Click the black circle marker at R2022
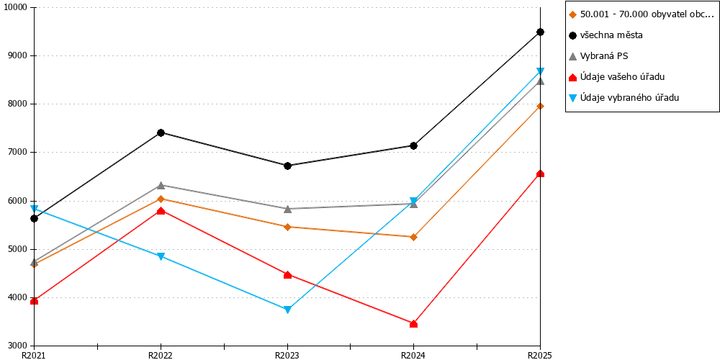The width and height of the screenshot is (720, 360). point(161,132)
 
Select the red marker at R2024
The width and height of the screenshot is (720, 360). point(414,324)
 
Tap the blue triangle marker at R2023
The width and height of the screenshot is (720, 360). point(287,310)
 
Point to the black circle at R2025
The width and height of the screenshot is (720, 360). point(541,32)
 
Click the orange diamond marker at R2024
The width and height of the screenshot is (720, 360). point(414,237)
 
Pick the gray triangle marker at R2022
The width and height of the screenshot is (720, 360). point(161,186)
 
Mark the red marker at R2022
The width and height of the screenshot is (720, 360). point(161,211)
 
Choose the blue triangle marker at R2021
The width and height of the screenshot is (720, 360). point(35,209)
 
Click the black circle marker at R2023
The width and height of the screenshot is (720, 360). point(287,166)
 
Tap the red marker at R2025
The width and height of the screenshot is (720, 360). point(541,174)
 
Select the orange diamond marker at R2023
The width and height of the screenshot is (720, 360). point(287,227)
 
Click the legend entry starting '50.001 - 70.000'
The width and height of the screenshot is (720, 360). point(641,14)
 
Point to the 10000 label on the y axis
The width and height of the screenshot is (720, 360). point(16,8)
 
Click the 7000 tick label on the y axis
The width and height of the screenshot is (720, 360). point(17,153)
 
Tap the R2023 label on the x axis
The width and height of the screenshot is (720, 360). point(287,355)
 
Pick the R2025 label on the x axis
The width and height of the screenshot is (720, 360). point(540,355)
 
